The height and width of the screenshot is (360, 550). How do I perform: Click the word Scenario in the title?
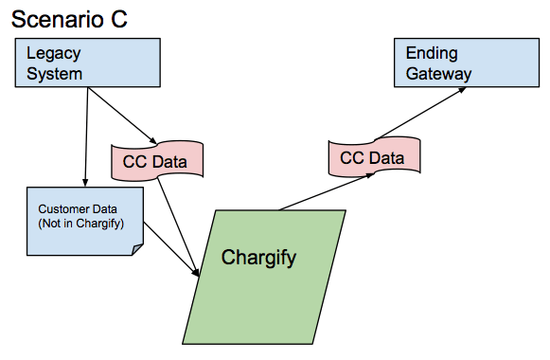(54, 19)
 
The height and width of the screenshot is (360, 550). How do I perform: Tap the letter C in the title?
(117, 19)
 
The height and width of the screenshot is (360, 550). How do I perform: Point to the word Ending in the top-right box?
(431, 53)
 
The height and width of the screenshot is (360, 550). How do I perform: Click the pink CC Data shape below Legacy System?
(158, 161)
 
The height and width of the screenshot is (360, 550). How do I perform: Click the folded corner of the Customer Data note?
(137, 249)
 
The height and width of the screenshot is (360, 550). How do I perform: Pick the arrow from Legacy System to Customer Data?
(86, 137)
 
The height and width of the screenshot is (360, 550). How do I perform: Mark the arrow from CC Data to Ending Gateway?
(421, 113)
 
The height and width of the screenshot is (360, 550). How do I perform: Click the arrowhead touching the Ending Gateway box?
(463, 90)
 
